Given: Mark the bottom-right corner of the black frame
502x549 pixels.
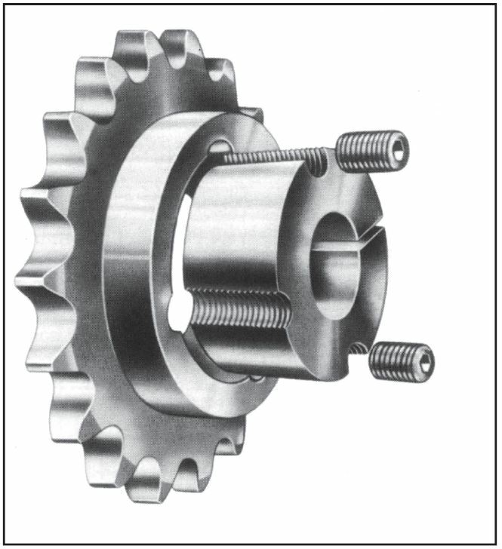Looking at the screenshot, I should pos(497,544).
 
